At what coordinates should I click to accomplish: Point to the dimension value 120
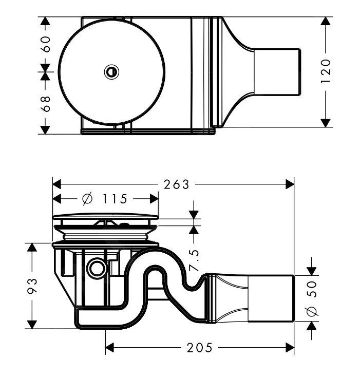click(x=325, y=71)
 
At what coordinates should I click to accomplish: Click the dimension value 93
click(x=32, y=286)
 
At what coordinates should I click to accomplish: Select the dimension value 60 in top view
click(x=45, y=45)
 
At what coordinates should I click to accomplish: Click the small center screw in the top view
click(x=111, y=72)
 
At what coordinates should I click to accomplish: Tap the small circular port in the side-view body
click(x=96, y=267)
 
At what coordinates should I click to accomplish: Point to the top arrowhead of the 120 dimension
click(x=325, y=21)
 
